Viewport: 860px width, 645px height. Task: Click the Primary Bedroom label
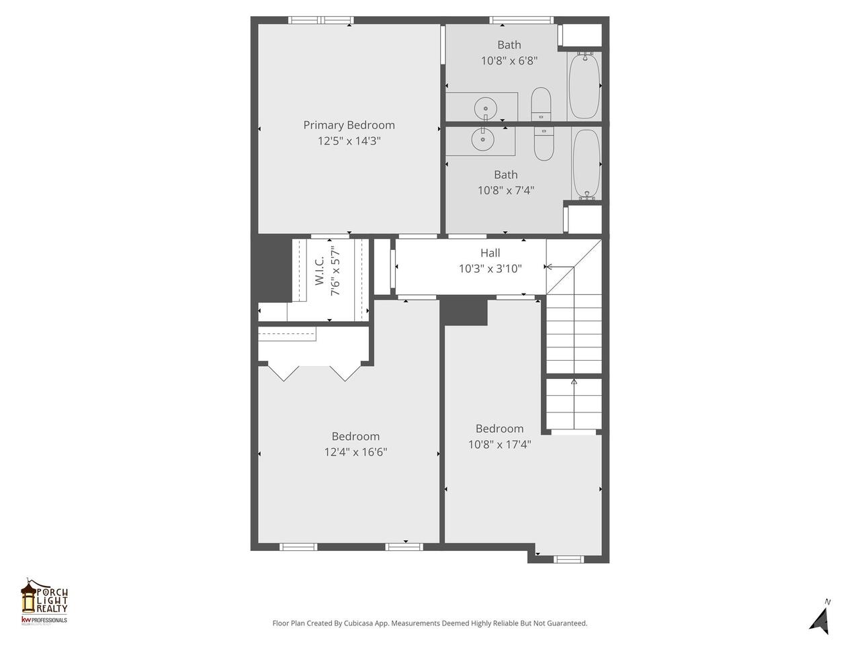(349, 125)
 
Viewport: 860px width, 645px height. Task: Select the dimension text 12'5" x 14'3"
(349, 141)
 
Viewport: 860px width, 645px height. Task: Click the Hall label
(490, 253)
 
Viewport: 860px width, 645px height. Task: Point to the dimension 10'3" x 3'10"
(490, 269)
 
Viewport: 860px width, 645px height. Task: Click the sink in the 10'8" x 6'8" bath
(485, 107)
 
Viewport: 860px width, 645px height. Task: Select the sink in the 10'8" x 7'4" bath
(482, 139)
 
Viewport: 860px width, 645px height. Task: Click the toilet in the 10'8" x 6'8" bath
(541, 103)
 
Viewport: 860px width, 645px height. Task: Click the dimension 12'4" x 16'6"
(355, 452)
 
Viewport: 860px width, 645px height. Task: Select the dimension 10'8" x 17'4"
(499, 444)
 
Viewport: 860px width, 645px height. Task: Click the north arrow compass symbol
(820, 617)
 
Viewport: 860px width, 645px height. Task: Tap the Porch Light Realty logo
(44, 601)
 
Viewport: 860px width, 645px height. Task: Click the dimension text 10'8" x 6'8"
(509, 60)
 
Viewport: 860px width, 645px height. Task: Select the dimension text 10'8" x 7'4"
(505, 190)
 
